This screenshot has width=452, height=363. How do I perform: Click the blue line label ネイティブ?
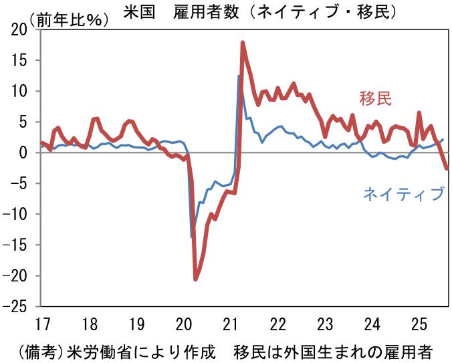[x=403, y=194]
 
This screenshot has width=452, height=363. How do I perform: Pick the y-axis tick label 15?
[x=19, y=60]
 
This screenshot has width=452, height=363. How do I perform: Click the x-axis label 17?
[x=43, y=325]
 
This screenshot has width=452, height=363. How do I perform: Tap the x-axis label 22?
[x=277, y=325]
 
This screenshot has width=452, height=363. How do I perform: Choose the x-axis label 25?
[x=419, y=325]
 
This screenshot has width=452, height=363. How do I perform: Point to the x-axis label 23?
[x=324, y=325]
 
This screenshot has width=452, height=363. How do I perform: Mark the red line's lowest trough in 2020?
[x=195, y=279]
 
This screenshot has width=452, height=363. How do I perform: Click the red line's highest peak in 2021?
[x=243, y=43]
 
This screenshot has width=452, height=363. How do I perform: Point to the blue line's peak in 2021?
[x=239, y=76]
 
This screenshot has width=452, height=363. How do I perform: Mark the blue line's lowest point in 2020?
[x=192, y=237]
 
